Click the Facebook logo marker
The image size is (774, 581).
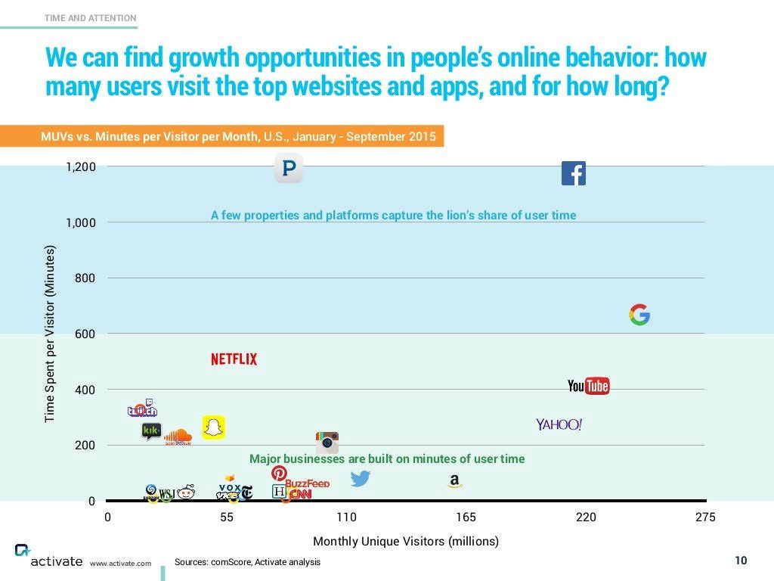574,173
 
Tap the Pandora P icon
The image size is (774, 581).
288,168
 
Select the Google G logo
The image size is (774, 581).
639,315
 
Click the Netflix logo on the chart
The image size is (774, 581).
234,359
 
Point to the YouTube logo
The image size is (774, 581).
588,386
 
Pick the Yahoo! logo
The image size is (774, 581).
559,424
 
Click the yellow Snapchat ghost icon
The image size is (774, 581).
214,427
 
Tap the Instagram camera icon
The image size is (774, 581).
327,442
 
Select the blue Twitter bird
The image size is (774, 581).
361,478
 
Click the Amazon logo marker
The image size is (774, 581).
454,481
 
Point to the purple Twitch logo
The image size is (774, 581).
142,409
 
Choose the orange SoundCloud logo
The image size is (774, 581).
178,437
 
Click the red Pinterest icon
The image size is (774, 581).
279,474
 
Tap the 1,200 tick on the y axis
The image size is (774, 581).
81,166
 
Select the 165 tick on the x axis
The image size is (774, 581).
466,517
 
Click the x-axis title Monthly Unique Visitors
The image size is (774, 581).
406,542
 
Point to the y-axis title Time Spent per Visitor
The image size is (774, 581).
50,334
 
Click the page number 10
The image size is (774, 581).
741,561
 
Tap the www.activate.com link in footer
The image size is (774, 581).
120,564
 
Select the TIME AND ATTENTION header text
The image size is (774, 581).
91,17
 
